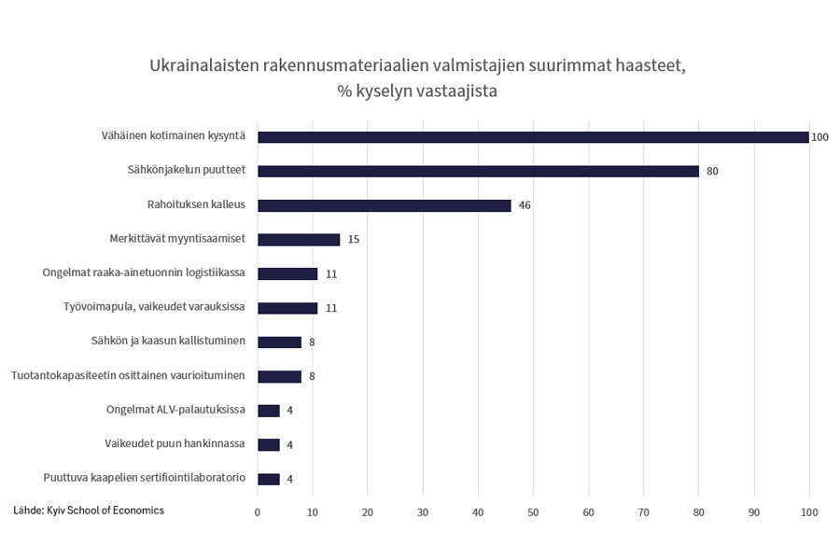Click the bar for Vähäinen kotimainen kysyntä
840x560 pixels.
tap(532, 137)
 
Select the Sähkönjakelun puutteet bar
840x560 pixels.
tap(478, 171)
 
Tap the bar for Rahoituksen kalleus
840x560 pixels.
tap(384, 205)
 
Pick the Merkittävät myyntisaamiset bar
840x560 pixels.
tap(299, 240)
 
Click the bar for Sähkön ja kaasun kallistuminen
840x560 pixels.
tap(279, 343)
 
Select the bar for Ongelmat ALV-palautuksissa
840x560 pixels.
tap(269, 411)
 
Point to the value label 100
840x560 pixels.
tap(819, 137)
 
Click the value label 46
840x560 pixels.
tap(525, 205)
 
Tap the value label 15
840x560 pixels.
tap(353, 240)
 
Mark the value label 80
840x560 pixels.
tap(712, 172)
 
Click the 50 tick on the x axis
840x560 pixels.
tap(533, 511)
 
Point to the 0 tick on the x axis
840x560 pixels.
tap(258, 511)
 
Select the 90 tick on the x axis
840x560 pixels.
tap(754, 511)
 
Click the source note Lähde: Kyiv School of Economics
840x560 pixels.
tap(89, 511)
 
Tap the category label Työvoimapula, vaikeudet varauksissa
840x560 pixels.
tap(153, 307)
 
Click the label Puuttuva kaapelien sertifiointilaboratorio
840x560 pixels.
tap(145, 478)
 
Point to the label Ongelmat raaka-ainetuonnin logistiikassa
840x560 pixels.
tap(145, 273)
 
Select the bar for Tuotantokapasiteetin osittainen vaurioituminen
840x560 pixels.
tap(279, 377)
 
